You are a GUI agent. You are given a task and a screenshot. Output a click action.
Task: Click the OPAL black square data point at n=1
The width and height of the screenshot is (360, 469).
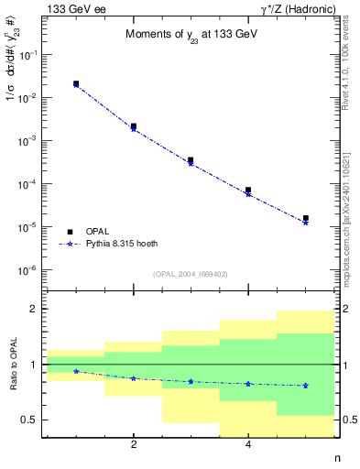pyautogui.click(x=76, y=83)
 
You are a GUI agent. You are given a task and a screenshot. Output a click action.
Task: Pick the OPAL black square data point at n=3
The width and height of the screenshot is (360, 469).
pyautogui.click(x=191, y=160)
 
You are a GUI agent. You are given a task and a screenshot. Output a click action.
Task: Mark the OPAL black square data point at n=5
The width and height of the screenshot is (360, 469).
pyautogui.click(x=305, y=218)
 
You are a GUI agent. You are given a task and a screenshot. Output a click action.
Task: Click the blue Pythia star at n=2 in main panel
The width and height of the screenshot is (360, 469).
pyautogui.click(x=134, y=129)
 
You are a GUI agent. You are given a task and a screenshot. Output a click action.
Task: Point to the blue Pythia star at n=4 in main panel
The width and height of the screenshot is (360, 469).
pyautogui.click(x=248, y=194)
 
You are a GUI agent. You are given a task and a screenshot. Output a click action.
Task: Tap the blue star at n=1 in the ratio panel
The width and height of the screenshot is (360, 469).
pyautogui.click(x=76, y=371)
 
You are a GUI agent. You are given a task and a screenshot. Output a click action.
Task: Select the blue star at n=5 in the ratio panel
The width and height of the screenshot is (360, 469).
pyautogui.click(x=305, y=386)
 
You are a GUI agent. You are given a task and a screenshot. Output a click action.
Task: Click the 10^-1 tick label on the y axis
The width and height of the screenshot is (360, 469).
pyautogui.click(x=29, y=55)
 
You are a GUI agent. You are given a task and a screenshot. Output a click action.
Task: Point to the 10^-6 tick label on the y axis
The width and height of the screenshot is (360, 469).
pyautogui.click(x=29, y=270)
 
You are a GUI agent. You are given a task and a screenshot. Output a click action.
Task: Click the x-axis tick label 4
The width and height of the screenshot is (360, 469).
pyautogui.click(x=248, y=445)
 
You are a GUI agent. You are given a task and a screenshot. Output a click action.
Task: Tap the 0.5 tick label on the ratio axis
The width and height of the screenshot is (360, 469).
pyautogui.click(x=27, y=420)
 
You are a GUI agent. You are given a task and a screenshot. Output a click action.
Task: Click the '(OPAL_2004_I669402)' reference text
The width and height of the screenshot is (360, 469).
pyautogui.click(x=191, y=274)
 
